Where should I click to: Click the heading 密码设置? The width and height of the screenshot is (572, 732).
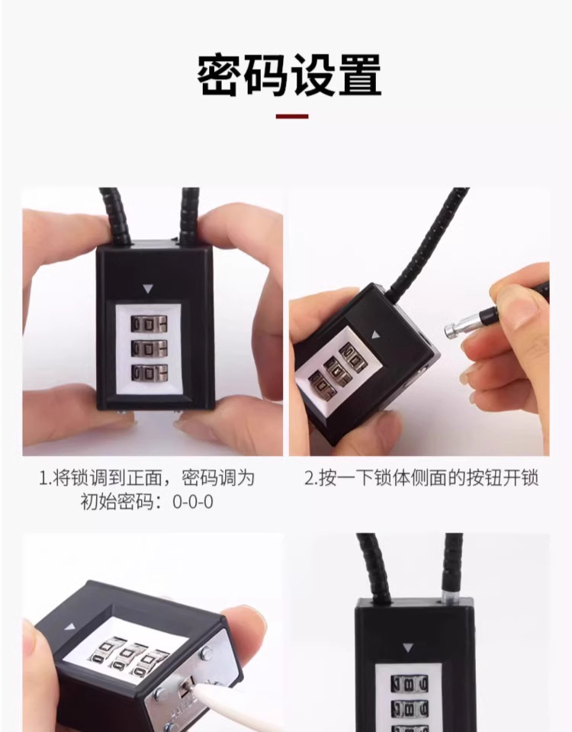coord(289,75)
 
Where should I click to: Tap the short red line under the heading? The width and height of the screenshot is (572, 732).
coord(291,117)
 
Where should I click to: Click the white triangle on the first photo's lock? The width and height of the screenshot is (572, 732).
coord(148,290)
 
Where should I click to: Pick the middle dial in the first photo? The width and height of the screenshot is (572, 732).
coord(149,348)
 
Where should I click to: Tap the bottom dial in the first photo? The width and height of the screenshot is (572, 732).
coord(149,373)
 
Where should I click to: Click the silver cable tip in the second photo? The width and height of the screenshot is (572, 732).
coord(456,329)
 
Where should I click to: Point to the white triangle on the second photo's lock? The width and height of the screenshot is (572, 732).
coord(374,334)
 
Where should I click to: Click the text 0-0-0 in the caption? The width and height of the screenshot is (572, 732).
coord(194,503)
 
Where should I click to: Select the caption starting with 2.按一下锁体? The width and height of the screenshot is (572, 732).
coord(422,479)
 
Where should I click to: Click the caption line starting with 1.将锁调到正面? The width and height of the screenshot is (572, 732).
coord(147,479)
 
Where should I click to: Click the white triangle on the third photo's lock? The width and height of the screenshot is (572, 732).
coord(70,627)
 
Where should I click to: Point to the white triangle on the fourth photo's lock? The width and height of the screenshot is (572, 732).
coord(407,647)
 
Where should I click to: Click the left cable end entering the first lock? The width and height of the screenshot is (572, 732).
coord(114,217)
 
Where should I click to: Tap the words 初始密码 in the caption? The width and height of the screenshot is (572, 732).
coord(124,503)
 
